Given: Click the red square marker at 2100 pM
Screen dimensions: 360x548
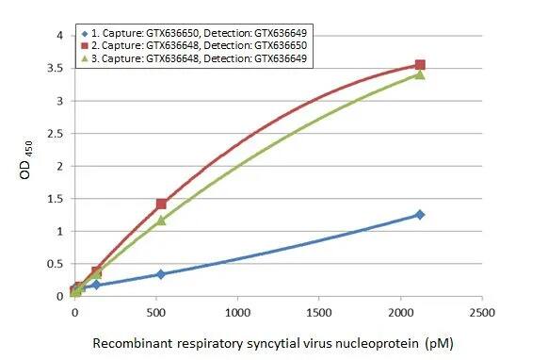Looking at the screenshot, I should click(x=420, y=65).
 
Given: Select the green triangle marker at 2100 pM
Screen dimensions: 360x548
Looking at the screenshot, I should click(x=420, y=74).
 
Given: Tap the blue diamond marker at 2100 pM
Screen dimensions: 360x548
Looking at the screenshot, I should click(x=420, y=215).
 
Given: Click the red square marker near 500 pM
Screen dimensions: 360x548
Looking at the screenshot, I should click(x=161, y=204).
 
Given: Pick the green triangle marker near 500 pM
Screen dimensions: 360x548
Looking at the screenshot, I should click(x=161, y=221).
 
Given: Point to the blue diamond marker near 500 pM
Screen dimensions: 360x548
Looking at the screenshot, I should click(x=161, y=274).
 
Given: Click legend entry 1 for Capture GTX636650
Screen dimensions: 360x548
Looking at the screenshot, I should click(x=198, y=34).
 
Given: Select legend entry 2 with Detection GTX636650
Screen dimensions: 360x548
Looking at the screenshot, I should click(x=198, y=46).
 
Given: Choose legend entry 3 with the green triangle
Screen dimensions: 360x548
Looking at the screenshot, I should click(x=198, y=58).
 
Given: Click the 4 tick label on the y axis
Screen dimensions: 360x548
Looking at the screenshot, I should click(x=60, y=36).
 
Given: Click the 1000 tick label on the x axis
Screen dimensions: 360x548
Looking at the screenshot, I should click(x=237, y=312).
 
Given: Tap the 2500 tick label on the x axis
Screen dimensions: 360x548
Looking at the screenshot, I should click(x=482, y=312).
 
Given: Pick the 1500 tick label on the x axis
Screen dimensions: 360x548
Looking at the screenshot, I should click(x=319, y=312).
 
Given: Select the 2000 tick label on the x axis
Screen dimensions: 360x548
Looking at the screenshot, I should click(x=401, y=312).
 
